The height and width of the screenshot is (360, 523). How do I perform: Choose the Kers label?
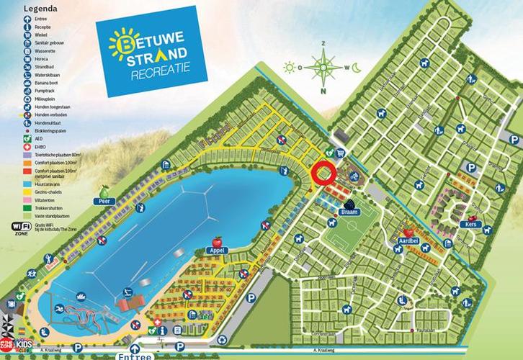471,225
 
